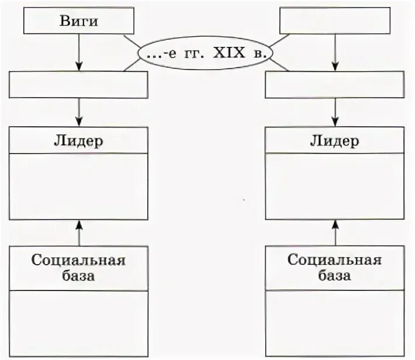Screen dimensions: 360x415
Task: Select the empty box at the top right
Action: click(335, 21)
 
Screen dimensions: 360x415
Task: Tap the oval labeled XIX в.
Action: click(206, 54)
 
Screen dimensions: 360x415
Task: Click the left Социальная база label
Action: click(79, 267)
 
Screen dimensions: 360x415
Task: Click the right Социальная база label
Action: click(334, 267)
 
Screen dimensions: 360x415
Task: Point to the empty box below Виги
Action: click(79, 85)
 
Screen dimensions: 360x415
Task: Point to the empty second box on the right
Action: click(334, 85)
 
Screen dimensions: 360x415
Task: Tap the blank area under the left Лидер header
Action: click(79, 186)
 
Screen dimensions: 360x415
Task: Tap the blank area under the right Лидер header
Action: click(334, 186)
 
